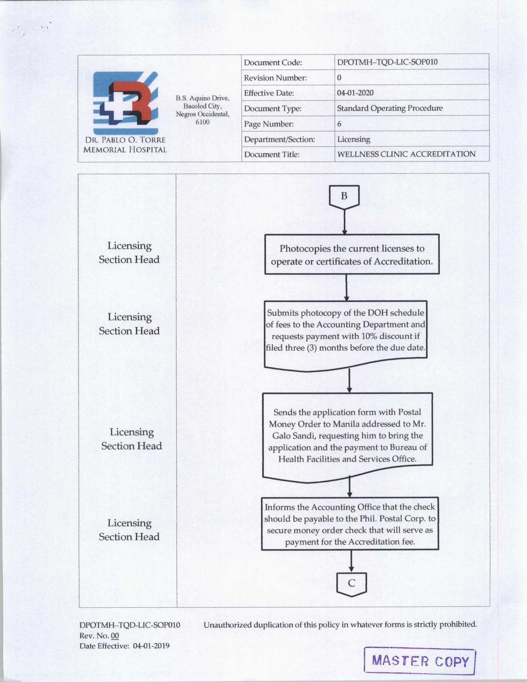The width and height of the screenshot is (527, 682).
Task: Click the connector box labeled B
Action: (x=344, y=196)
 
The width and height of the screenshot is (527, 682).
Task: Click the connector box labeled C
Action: (x=351, y=583)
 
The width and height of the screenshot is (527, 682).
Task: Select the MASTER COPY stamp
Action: (x=420, y=661)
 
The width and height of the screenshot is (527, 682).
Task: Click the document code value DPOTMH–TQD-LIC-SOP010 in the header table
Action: (x=387, y=62)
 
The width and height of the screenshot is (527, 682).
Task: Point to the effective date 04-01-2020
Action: (x=355, y=93)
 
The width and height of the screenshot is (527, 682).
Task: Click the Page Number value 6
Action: (x=339, y=124)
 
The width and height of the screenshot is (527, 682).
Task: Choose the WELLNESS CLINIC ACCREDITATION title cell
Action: (x=406, y=154)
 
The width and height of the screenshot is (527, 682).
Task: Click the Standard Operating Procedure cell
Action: (x=389, y=108)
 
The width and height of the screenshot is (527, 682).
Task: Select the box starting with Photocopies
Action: (x=352, y=255)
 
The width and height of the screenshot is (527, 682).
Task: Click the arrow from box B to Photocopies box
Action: (x=344, y=223)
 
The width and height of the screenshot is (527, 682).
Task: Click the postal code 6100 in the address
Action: (x=203, y=122)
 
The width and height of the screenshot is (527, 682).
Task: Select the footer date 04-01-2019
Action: (x=151, y=646)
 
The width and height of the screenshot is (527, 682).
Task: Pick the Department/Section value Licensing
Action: (x=353, y=139)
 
